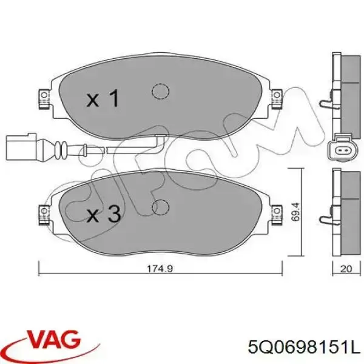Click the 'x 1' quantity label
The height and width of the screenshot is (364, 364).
point(103,99)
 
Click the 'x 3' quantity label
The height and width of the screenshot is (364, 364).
point(104,214)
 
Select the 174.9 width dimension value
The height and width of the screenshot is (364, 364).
point(160,269)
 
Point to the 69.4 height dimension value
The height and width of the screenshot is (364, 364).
point(295,212)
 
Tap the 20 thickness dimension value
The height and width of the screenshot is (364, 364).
point(346,269)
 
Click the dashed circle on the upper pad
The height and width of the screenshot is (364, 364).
point(160,91)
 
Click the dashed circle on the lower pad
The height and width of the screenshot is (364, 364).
point(160,207)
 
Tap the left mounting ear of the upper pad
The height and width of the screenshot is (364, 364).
point(44,99)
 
